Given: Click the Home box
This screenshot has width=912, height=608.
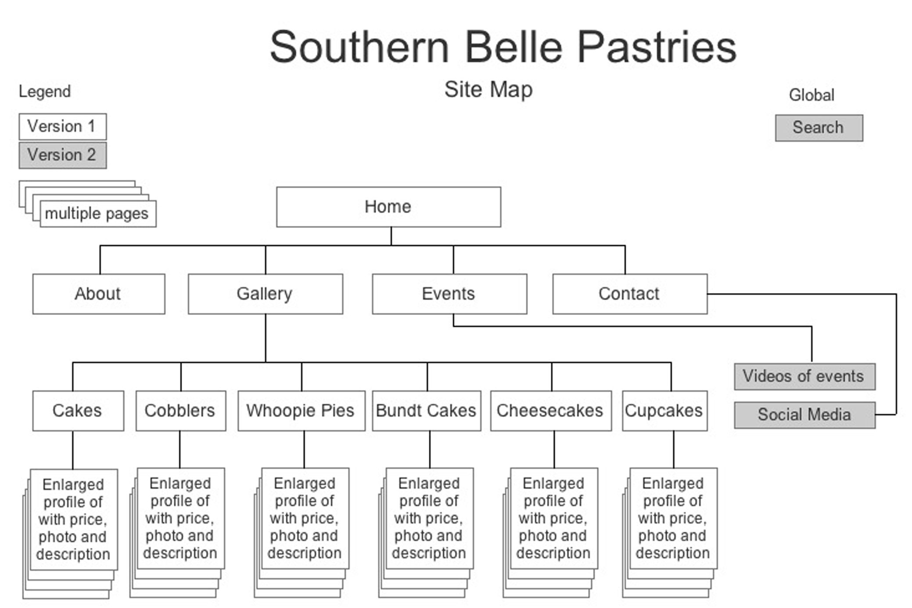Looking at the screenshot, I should pyautogui.click(x=388, y=207).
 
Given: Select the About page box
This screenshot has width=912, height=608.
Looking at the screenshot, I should pyautogui.click(x=98, y=293).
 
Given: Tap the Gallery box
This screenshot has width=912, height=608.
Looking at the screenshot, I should pyautogui.click(x=265, y=293).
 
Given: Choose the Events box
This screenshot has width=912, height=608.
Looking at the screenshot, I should pyautogui.click(x=449, y=293).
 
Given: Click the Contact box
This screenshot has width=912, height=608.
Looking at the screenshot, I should pyautogui.click(x=629, y=293).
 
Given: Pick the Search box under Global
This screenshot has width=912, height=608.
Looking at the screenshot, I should pyautogui.click(x=819, y=128).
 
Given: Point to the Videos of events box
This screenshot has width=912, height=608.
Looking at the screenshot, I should pyautogui.click(x=804, y=376).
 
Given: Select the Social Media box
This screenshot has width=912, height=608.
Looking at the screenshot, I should pyautogui.click(x=804, y=415).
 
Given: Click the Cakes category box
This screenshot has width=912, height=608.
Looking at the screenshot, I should pyautogui.click(x=78, y=411).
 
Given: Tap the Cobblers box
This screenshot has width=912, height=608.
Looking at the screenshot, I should pyautogui.click(x=180, y=411).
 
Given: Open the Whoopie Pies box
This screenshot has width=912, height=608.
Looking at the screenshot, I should pyautogui.click(x=301, y=411).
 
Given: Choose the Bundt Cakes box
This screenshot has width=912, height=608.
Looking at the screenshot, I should pyautogui.click(x=426, y=411).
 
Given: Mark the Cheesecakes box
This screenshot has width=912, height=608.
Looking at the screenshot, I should pyautogui.click(x=550, y=411).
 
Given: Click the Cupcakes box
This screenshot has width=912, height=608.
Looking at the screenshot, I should pyautogui.click(x=664, y=411).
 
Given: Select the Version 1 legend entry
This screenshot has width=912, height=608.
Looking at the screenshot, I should pyautogui.click(x=62, y=126).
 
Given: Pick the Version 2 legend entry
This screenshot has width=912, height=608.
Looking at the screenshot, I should pyautogui.click(x=62, y=155).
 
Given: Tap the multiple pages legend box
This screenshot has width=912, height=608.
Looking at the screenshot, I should pyautogui.click(x=97, y=214).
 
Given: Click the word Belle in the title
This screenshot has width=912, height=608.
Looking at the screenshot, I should pyautogui.click(x=513, y=47).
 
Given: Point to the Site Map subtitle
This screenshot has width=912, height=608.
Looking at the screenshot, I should pyautogui.click(x=488, y=89).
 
